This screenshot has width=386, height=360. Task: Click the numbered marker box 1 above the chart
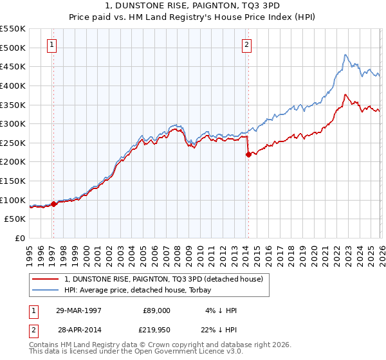click(51, 45)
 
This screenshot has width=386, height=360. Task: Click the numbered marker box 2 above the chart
click(246, 45)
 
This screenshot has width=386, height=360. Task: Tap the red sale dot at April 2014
click(248, 154)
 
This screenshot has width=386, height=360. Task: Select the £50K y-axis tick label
click(15, 219)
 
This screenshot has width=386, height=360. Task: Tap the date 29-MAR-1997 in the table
click(79, 310)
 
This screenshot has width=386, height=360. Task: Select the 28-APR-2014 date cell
click(79, 330)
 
